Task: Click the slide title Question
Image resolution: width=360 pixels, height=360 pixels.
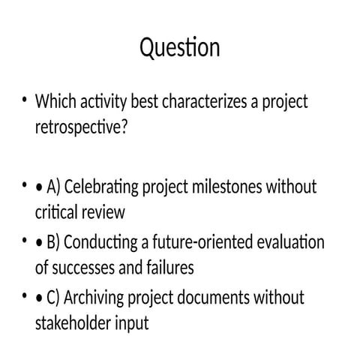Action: pyautogui.click(x=180, y=48)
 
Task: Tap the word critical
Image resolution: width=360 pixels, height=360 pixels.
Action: pyautogui.click(x=59, y=212)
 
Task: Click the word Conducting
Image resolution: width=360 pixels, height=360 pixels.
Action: pyautogui.click(x=109, y=242)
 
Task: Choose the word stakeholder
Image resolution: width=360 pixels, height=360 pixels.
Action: pyautogui.click(x=73, y=324)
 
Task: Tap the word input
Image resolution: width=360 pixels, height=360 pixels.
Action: pyautogui.click(x=132, y=324)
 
